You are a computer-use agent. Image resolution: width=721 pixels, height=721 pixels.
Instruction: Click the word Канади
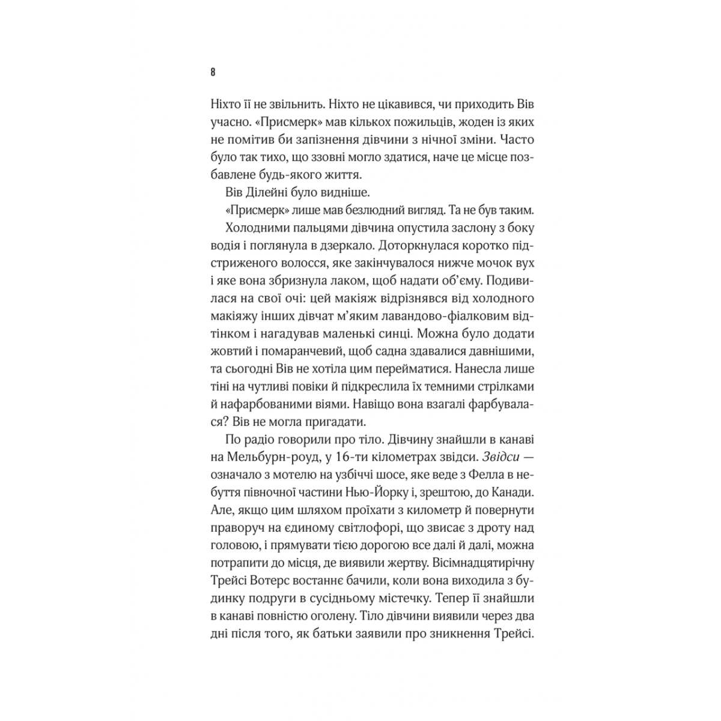[507, 491]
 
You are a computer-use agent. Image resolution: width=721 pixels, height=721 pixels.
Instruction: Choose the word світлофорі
[352, 526]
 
